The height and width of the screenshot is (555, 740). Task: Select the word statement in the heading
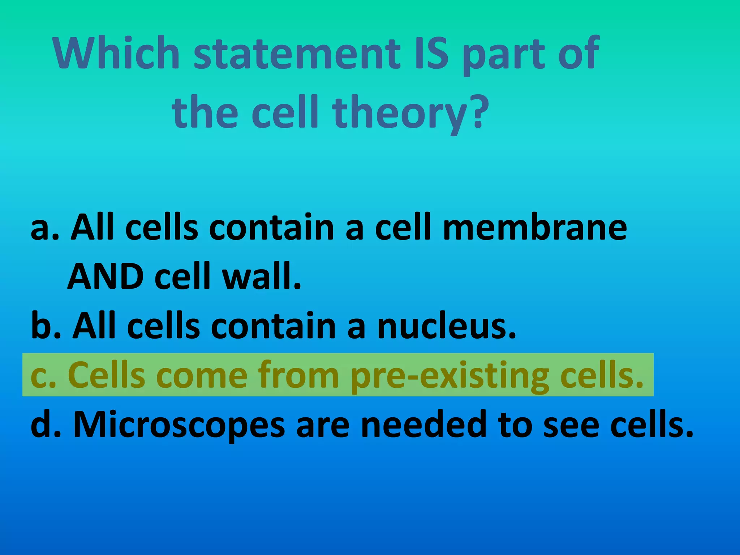[x=297, y=53]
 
